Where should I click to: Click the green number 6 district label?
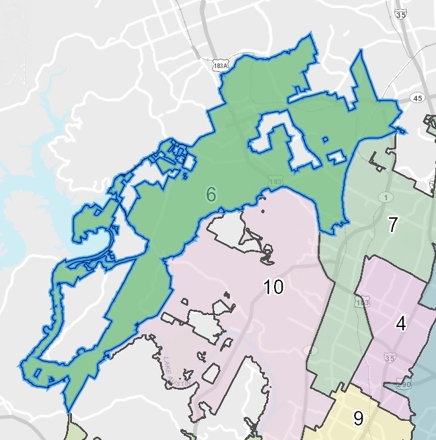(x=211, y=194)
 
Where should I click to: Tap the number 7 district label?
(x=393, y=225)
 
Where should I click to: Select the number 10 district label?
(x=273, y=287)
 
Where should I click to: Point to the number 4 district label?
(x=401, y=323)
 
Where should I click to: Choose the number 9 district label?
(x=359, y=418)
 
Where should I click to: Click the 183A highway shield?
(x=223, y=67)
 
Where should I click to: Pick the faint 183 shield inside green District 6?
(x=275, y=180)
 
